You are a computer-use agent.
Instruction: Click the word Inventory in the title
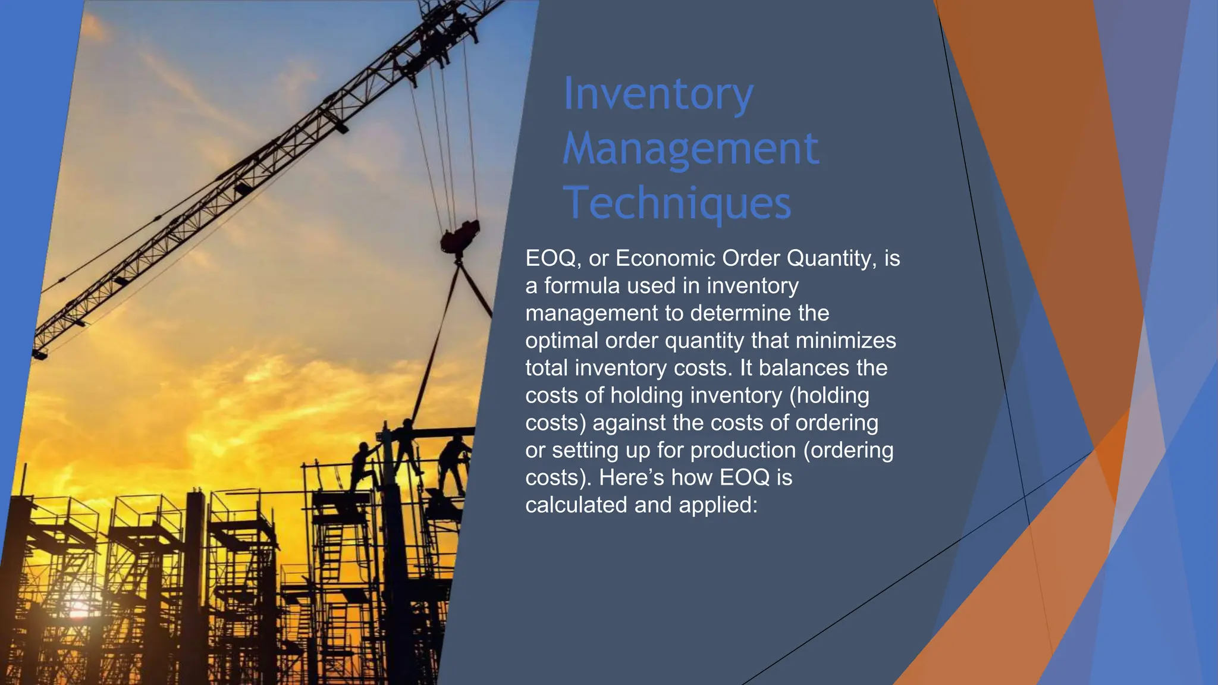pyautogui.click(x=658, y=94)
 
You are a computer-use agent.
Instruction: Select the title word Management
pyautogui.click(x=690, y=149)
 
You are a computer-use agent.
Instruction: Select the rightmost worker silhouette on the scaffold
pyautogui.click(x=454, y=464)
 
